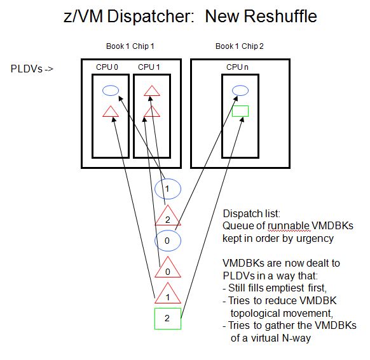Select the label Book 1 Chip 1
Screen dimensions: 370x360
130,46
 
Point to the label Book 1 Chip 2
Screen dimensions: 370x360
240,46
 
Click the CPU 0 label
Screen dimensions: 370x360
107,67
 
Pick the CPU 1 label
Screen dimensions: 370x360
149,67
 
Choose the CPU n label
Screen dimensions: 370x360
237,67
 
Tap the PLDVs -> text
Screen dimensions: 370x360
32,69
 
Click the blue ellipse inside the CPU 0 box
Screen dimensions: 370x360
111,86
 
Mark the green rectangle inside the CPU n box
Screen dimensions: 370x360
240,106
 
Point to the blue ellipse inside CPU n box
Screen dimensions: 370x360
240,86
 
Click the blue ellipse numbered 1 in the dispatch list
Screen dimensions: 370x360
168,179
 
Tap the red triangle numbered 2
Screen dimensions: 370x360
168,225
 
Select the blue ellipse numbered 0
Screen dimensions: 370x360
168,230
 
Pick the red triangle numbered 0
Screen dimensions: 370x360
168,277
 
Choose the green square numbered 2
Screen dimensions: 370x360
168,309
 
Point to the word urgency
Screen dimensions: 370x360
315,239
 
